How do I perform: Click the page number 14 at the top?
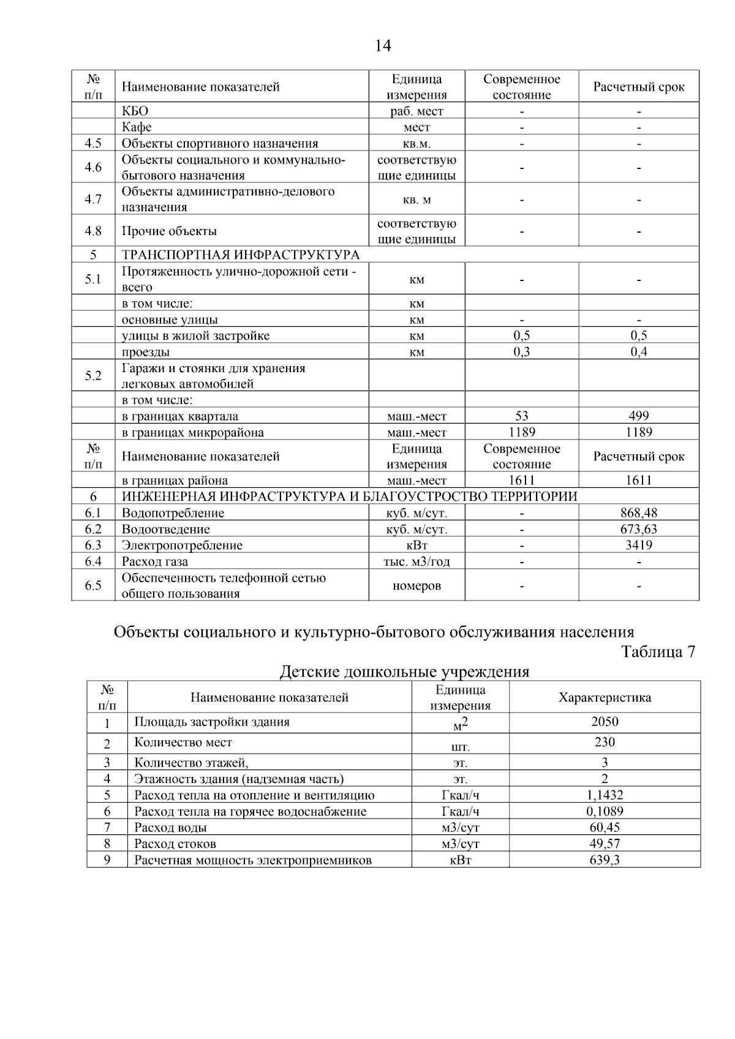pos(382,46)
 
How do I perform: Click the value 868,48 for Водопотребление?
pos(638,513)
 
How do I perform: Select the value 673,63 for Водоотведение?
pos(638,529)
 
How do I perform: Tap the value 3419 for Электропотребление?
pos(638,545)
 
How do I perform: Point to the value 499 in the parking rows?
pos(638,416)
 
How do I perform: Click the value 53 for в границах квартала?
pos(521,416)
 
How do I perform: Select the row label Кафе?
pos(137,127)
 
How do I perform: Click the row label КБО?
pos(135,111)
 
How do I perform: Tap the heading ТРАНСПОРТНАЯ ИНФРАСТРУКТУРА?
pos(241,255)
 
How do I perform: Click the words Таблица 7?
pos(658,651)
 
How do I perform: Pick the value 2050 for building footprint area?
pos(605,722)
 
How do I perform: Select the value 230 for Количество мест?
pos(605,742)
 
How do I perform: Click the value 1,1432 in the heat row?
pos(605,795)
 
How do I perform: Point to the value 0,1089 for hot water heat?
pos(605,811)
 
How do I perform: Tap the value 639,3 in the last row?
pos(605,860)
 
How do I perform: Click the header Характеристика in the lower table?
pos(605,697)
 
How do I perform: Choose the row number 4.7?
pos(93,199)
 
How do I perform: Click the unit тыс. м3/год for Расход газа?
pos(417,561)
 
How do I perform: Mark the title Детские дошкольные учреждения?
pos(404,672)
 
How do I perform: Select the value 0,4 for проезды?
pos(638,351)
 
